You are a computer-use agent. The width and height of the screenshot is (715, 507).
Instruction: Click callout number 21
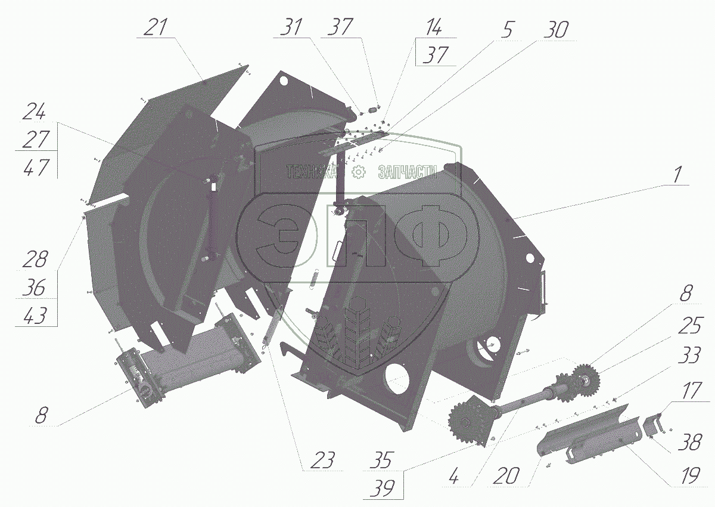click(156, 27)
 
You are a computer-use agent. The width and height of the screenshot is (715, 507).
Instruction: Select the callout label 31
click(291, 27)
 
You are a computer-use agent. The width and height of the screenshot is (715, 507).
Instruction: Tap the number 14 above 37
click(433, 27)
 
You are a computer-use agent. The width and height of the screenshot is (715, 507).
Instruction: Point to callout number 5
click(506, 30)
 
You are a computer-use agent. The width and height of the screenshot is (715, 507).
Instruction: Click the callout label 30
click(556, 30)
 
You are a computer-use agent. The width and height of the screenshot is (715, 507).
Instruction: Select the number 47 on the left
click(36, 168)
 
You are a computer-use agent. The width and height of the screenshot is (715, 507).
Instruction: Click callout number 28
click(35, 259)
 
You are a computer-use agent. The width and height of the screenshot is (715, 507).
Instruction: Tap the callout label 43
click(35, 315)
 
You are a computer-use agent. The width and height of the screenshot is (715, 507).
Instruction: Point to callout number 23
click(322, 460)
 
